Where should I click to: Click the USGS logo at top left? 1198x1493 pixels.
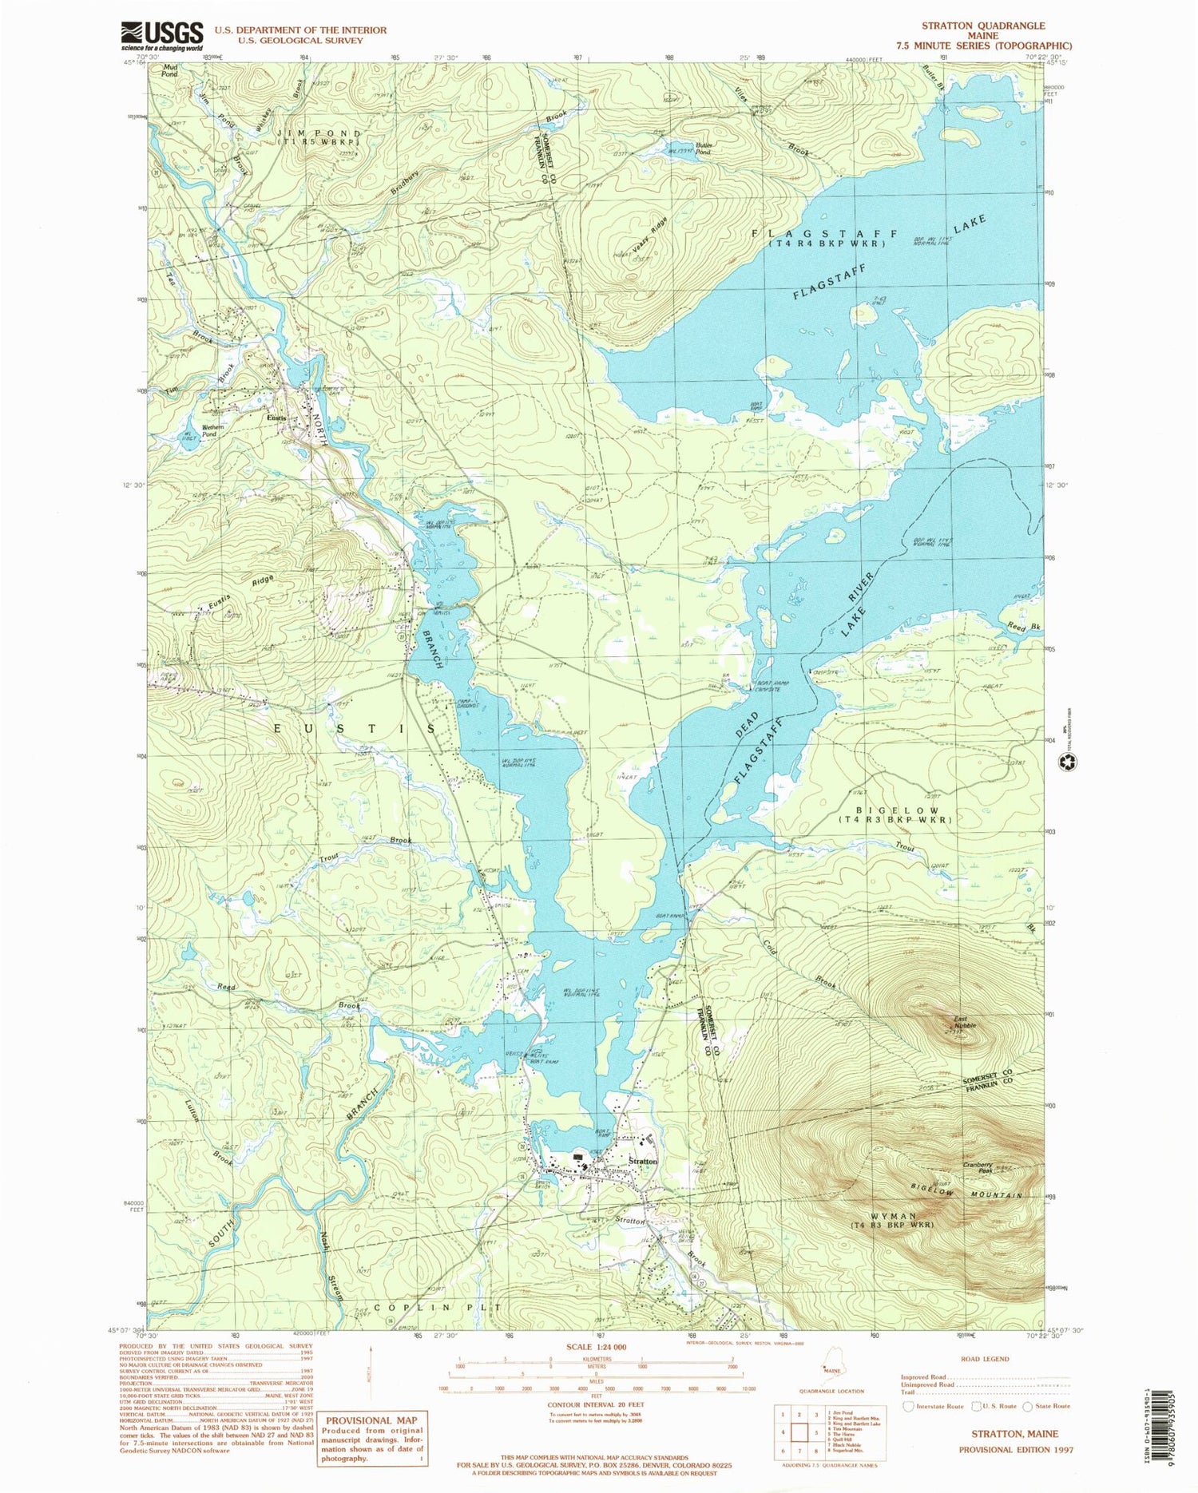tap(162, 35)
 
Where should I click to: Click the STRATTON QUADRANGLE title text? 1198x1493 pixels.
tap(982, 26)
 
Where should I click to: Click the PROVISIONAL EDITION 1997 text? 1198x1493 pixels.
tap(1016, 1449)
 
